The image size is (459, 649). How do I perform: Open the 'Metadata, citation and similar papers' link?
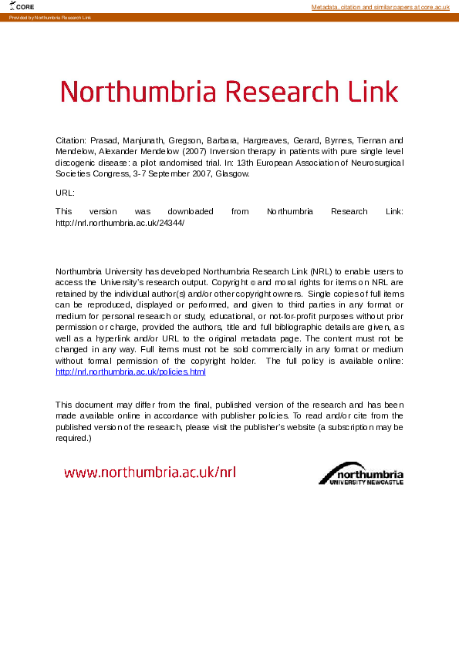point(380,7)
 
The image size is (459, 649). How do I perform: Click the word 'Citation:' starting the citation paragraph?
point(72,141)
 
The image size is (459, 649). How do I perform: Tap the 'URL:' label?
point(65,193)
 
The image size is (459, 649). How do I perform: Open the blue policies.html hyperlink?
point(130,372)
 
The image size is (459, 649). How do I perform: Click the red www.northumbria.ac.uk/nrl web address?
point(150,472)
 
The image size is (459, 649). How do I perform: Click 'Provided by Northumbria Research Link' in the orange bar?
point(49,17)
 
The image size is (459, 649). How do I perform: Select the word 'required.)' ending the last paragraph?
point(74,438)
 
